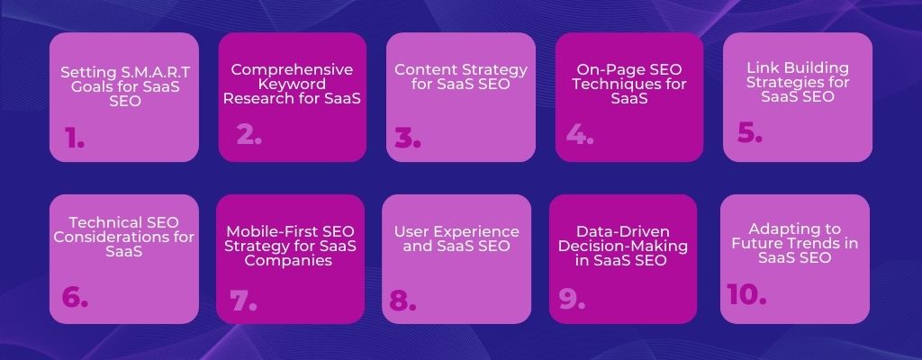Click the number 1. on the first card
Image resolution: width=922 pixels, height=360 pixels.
click(75, 138)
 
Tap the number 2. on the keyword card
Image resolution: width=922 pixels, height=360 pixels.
click(249, 135)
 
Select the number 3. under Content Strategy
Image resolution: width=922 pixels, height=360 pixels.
click(408, 138)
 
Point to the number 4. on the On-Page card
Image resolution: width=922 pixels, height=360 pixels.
click(580, 135)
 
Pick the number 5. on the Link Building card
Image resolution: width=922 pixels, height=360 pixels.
click(750, 132)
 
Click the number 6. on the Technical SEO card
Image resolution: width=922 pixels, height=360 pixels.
click(75, 297)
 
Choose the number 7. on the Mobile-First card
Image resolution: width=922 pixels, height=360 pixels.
click(244, 301)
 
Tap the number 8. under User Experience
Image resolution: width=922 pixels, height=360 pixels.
click(402, 301)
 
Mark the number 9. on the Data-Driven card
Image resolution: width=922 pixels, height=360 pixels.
click(572, 299)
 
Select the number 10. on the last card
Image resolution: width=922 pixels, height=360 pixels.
click(746, 294)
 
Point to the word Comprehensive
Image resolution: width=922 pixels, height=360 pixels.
click(293, 70)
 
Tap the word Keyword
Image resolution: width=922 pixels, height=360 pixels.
click(292, 84)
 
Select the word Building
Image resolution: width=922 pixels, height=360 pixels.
click(815, 67)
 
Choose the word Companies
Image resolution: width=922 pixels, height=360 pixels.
click(288, 261)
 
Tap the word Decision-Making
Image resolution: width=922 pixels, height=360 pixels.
click(623, 246)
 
